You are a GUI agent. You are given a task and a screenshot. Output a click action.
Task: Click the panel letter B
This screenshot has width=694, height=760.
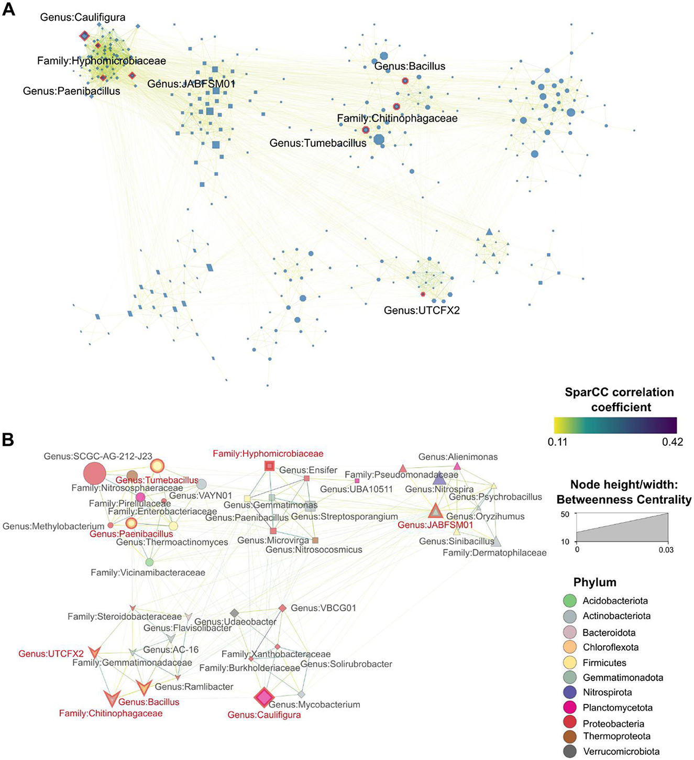(x=8, y=439)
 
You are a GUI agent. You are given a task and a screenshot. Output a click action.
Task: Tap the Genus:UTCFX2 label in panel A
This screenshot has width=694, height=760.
(x=422, y=310)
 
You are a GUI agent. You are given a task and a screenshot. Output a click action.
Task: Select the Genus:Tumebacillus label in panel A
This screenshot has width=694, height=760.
(x=318, y=143)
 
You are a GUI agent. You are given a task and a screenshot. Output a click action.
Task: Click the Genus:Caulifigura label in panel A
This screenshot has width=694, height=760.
(x=83, y=17)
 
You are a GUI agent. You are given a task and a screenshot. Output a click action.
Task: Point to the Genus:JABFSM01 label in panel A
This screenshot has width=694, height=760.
(x=191, y=84)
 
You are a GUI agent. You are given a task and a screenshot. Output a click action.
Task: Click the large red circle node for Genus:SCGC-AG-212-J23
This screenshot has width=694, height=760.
(x=95, y=473)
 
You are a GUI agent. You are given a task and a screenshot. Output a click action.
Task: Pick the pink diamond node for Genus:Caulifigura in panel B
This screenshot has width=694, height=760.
(x=264, y=697)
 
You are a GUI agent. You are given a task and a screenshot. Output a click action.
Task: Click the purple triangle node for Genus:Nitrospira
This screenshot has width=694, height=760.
(x=439, y=478)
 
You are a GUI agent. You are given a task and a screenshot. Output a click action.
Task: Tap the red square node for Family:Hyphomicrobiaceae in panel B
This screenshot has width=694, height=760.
(x=269, y=466)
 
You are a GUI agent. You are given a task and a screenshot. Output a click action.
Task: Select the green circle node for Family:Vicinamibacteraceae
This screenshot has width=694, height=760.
(x=149, y=562)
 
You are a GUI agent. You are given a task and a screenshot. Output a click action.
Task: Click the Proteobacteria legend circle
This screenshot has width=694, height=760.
(x=570, y=723)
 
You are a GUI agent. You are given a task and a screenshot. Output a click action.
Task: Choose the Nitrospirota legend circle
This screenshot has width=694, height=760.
(x=570, y=692)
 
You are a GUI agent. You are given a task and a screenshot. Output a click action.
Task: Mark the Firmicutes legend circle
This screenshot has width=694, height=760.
(x=570, y=663)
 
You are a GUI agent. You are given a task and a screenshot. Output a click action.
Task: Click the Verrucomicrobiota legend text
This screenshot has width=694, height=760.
(x=621, y=752)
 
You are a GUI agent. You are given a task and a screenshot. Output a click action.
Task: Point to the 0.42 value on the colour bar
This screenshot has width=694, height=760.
(x=672, y=442)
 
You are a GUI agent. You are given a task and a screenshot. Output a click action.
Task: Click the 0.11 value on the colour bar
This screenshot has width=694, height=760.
(x=557, y=442)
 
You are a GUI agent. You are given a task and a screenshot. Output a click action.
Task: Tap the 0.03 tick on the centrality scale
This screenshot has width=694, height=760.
(x=666, y=550)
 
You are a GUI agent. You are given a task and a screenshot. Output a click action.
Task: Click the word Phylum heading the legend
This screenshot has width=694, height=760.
(x=594, y=582)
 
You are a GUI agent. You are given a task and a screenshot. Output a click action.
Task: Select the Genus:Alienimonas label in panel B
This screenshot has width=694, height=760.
(x=458, y=457)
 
